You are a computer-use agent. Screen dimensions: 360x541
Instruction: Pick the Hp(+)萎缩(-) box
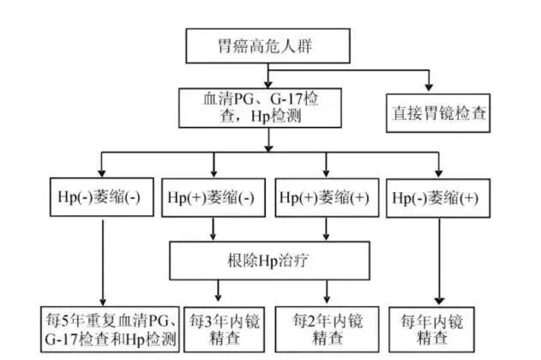213,197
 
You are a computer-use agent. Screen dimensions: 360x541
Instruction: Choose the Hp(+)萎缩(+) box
324,197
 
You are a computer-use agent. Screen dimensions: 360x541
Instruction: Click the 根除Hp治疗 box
270,256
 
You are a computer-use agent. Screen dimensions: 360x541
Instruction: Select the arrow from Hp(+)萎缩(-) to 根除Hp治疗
213,227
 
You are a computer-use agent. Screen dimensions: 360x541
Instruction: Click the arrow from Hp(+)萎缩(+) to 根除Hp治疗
324,227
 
